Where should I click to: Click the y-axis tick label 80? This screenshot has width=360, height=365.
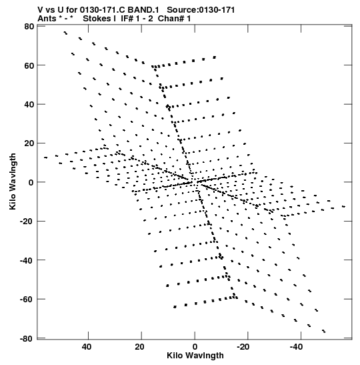pos(29,27)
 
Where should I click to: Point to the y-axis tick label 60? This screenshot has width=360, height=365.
pos(29,65)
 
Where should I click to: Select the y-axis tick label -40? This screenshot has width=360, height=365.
pos(27,260)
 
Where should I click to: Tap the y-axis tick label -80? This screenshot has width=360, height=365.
pos(27,338)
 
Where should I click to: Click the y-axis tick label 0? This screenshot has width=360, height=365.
pos(31,183)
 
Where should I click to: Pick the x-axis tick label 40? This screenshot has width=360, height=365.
pos(86,347)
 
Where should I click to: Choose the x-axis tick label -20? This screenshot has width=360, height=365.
pos(243,347)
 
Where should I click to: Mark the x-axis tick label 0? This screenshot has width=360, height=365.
pos(195,347)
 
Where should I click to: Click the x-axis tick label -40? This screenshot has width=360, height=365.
pos(296,347)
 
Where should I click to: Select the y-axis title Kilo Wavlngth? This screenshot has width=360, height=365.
pos(13,181)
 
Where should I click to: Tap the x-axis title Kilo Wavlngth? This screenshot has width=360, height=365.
pos(195,356)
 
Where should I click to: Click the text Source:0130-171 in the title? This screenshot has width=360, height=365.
pos(201,10)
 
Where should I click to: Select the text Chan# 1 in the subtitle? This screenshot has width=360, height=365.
pos(174,19)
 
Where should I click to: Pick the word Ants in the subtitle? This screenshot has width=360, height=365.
pos(47,19)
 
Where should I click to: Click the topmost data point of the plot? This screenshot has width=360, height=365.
pos(65,32)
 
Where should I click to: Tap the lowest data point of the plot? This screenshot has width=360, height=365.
pos(325,332)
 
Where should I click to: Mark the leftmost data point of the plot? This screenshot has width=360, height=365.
pos(45,157)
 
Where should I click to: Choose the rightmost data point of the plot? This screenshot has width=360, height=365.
pos(344,206)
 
